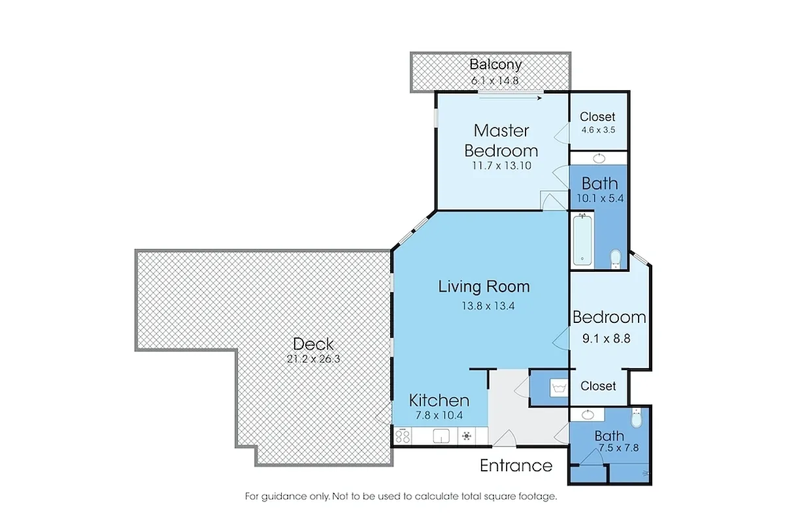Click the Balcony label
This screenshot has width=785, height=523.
click(x=496, y=64)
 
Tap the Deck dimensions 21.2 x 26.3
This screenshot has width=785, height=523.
click(x=313, y=358)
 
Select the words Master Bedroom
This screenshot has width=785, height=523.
click(x=501, y=140)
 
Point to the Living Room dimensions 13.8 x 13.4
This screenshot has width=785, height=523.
click(x=484, y=305)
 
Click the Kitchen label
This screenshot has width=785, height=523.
click(x=439, y=400)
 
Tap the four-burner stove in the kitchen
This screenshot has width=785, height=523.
click(x=403, y=435)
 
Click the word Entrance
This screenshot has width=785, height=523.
click(x=516, y=465)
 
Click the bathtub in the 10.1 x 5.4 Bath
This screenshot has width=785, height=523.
click(x=582, y=241)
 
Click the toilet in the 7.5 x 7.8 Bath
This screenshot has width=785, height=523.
click(x=638, y=416)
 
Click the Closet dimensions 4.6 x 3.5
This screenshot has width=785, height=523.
click(x=598, y=129)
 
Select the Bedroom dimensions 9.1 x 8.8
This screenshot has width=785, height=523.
click(x=609, y=339)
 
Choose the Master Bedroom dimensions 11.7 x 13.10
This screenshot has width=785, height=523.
click(x=501, y=165)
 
